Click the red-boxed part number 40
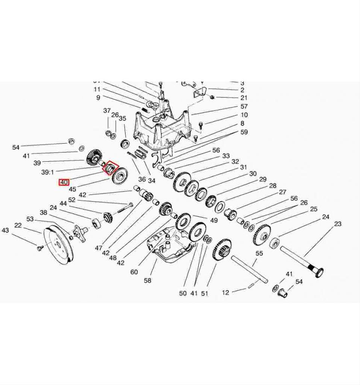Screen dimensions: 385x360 click(64, 183)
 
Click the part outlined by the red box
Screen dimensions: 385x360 click(110, 167)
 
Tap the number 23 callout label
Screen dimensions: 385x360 click(338, 224)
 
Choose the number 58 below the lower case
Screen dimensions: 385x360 click(147, 280)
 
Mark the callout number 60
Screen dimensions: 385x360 click(134, 272)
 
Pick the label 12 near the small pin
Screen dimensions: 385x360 click(225, 293)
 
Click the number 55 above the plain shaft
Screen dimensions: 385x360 click(259, 254)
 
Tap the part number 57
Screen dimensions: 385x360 click(244, 106)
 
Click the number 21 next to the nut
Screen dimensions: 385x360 click(244, 98)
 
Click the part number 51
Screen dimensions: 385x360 click(204, 293)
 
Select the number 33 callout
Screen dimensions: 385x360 click(226, 156)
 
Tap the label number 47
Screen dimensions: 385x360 click(98, 248)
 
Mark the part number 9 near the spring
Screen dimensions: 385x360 click(98, 97)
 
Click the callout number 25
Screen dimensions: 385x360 click(313, 209)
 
